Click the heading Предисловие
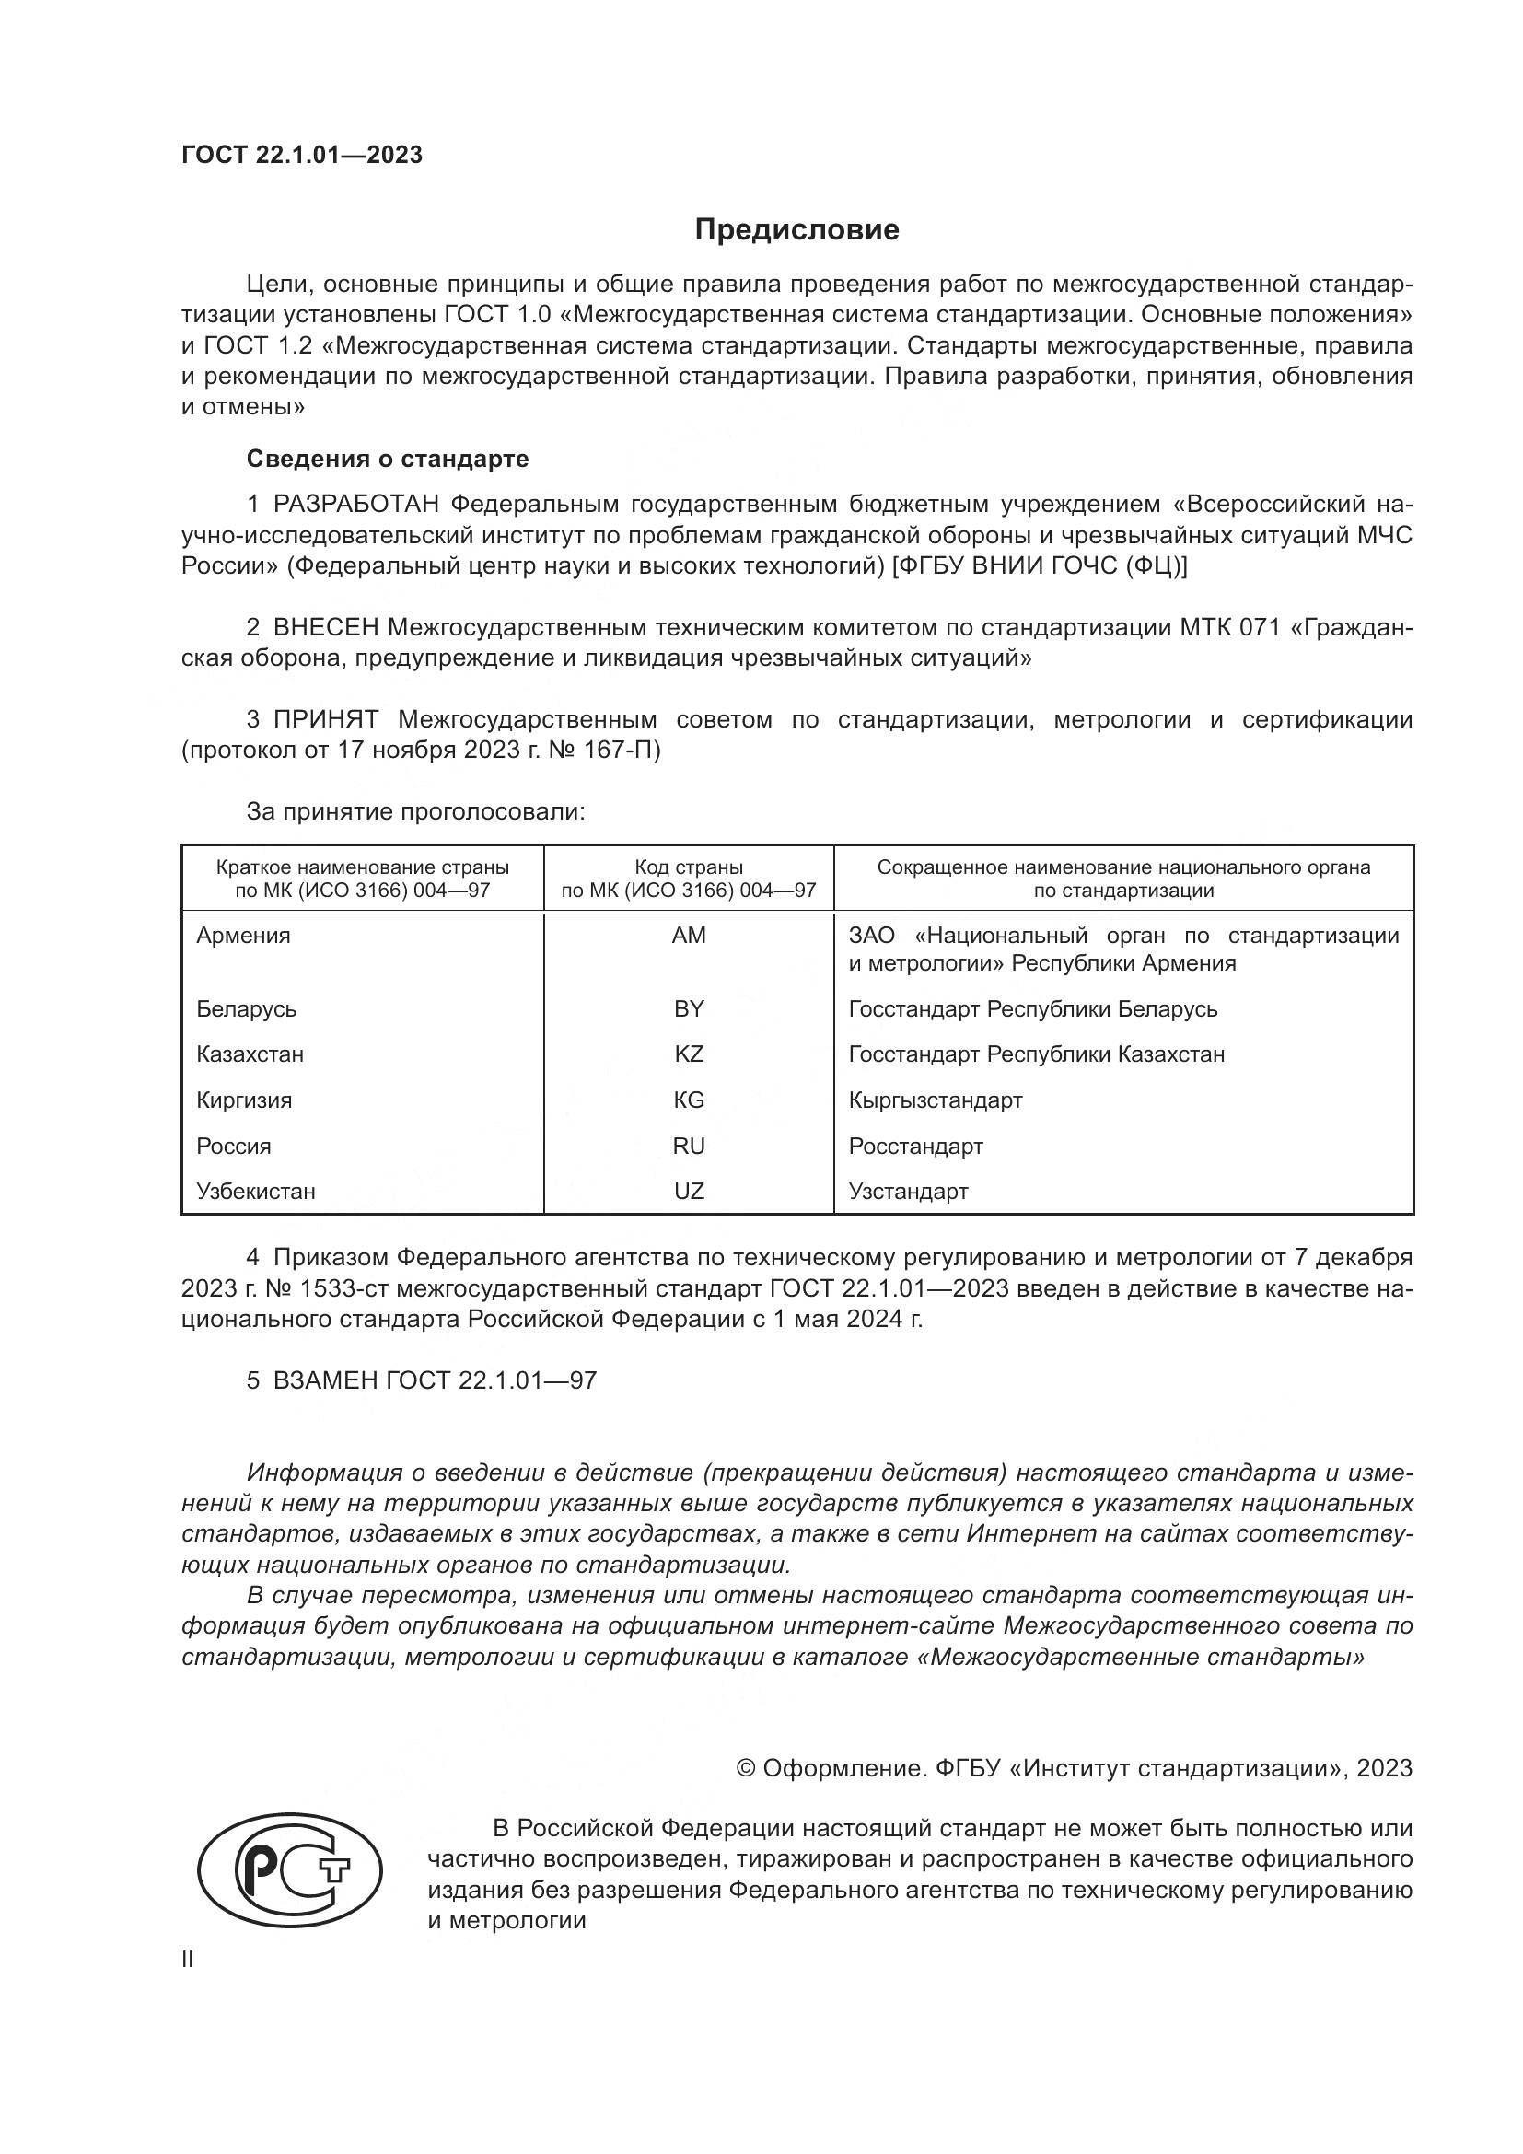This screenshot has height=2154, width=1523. point(796,230)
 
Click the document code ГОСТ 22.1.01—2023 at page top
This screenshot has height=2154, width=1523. point(302,155)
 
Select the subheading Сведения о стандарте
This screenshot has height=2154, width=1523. point(388,459)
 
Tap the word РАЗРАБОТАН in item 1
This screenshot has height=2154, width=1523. point(356,505)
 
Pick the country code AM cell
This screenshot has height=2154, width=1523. point(689,936)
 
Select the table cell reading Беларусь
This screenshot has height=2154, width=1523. point(247,1008)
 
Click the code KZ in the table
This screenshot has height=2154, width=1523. point(689,1054)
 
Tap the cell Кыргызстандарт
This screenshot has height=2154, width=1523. point(935,1100)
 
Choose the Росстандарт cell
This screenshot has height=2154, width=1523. point(915,1146)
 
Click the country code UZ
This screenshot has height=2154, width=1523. point(689,1192)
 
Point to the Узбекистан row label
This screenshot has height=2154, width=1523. point(256,1192)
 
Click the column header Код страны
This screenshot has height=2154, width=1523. point(689,867)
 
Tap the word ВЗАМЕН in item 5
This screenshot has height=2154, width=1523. point(323,1381)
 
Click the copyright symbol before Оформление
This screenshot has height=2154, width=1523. point(746,1768)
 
